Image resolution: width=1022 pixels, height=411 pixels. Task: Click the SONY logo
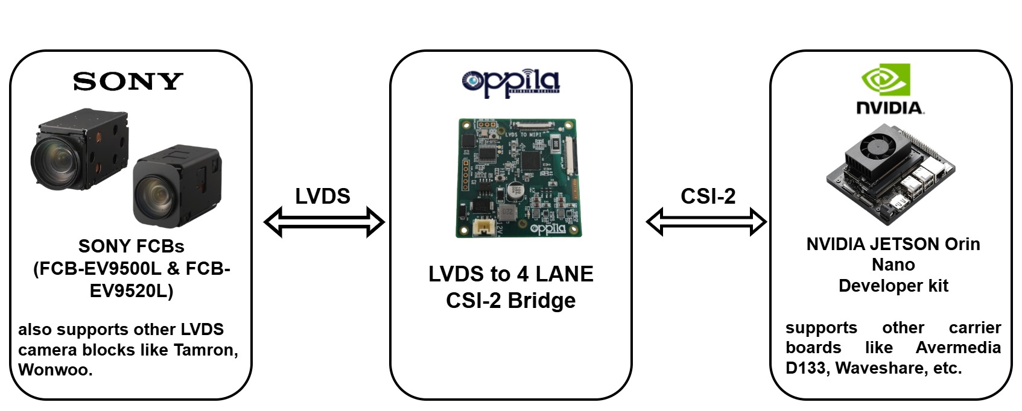(128, 81)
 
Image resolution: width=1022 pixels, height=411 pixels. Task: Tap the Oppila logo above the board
(510, 83)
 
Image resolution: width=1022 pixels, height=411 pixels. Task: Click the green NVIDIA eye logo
(885, 80)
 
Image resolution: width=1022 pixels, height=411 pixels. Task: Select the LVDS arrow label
(322, 196)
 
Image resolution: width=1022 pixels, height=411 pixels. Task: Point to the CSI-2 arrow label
(708, 196)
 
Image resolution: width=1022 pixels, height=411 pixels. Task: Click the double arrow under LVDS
(324, 222)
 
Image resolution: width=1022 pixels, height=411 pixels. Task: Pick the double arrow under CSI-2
(706, 221)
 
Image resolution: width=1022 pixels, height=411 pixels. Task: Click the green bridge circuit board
(517, 178)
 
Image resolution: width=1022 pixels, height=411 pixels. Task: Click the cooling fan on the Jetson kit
(882, 144)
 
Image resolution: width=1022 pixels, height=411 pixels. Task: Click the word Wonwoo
(54, 369)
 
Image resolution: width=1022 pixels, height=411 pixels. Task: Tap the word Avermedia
(958, 348)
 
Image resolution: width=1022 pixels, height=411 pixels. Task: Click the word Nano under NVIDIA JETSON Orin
(893, 265)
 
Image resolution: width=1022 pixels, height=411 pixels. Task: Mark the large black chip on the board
(532, 160)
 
